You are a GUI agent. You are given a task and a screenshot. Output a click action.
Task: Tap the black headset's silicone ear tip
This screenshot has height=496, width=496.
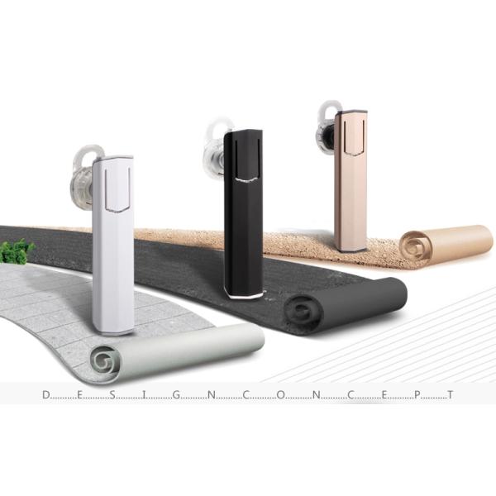tap(215, 149)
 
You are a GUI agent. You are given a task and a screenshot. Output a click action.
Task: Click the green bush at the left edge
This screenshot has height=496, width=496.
tap(17, 251)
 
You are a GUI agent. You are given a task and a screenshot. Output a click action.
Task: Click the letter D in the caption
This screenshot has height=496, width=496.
tap(46, 395)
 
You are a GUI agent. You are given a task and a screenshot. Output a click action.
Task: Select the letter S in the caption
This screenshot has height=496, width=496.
tap(112, 395)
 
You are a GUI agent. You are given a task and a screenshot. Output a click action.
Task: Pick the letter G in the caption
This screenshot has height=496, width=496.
tap(176, 395)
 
